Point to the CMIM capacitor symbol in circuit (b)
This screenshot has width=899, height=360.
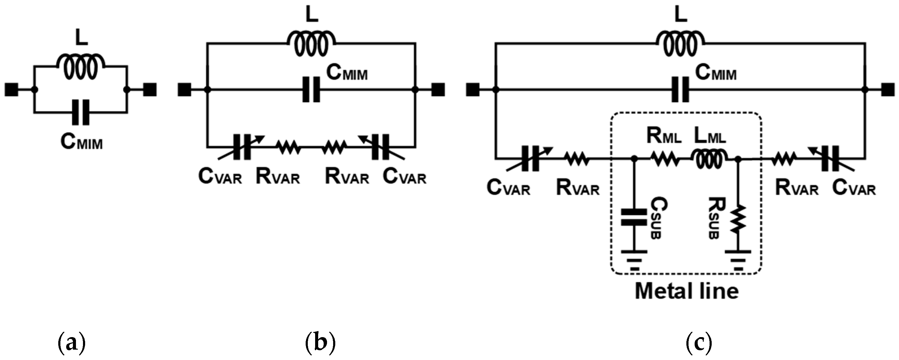[x=311, y=90]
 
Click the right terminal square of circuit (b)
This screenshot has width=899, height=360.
[x=438, y=90]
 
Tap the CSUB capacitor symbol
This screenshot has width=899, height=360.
[x=634, y=217]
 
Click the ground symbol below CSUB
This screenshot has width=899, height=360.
[x=634, y=260]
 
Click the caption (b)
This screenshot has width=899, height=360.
[x=320, y=344]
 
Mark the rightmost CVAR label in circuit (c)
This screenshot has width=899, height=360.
[x=854, y=189]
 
